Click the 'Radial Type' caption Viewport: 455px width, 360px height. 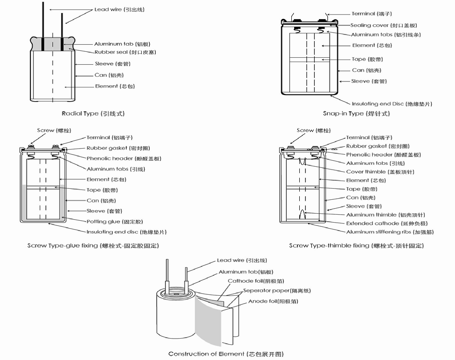pos(93,114)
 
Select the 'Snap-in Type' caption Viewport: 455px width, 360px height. pos(356,114)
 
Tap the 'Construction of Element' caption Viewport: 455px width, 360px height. pos(226,354)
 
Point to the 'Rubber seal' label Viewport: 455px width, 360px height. pos(125,52)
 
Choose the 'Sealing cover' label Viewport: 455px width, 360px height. pos(384,26)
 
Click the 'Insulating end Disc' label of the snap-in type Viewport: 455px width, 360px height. pos(392,104)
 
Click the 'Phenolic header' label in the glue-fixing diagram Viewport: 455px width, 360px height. pos(124,159)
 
